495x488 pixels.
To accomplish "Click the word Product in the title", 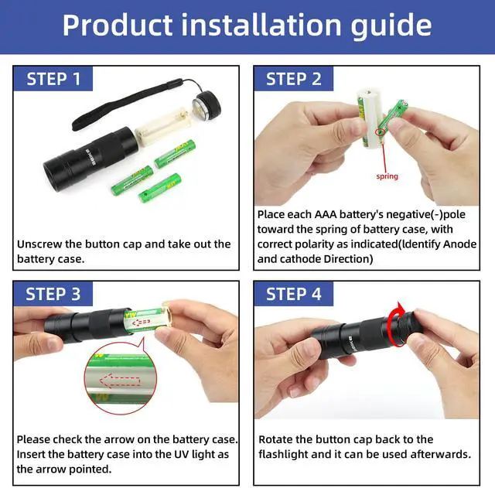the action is click(x=118, y=26).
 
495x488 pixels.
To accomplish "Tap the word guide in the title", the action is click(x=391, y=26).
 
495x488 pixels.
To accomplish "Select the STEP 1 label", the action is click(x=53, y=79).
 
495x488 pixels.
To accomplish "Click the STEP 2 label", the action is click(x=294, y=79).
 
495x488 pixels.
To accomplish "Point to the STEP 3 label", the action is click(x=53, y=294).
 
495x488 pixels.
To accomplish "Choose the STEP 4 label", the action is click(x=294, y=294).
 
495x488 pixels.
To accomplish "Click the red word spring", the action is click(x=387, y=176).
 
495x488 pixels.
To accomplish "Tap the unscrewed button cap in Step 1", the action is click(x=207, y=105).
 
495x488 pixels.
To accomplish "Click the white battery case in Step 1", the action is click(x=162, y=126).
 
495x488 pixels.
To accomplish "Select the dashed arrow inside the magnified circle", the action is click(x=120, y=381).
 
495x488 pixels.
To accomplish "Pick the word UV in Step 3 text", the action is click(x=182, y=454).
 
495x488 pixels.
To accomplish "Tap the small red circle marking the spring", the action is click(x=380, y=132).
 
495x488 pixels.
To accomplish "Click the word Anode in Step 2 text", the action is click(x=459, y=244).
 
